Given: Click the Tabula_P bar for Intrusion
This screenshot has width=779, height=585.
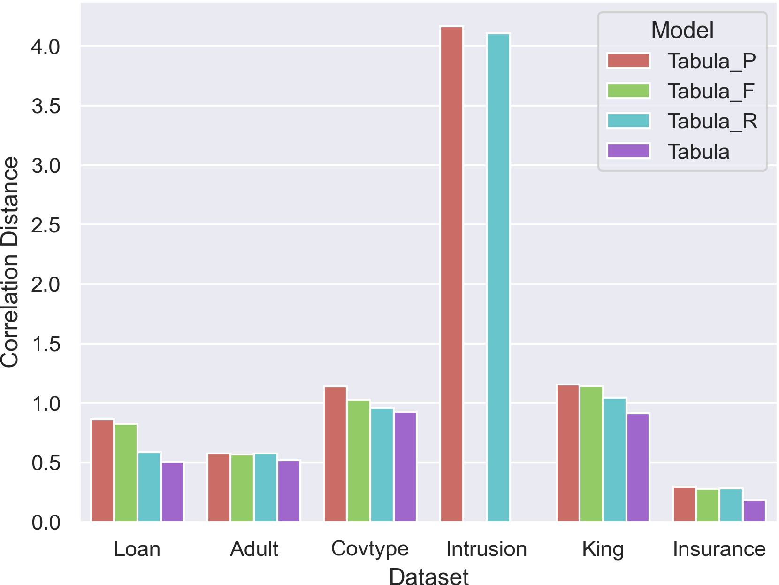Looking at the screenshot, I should click(x=451, y=274).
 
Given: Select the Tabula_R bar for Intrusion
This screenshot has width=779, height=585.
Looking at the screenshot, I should click(x=498, y=277).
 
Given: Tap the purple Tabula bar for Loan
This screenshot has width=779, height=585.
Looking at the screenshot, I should click(x=172, y=492).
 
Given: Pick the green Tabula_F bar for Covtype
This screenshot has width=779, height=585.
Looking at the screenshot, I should click(x=359, y=461).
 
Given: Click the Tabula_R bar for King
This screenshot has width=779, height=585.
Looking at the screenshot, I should click(x=615, y=460).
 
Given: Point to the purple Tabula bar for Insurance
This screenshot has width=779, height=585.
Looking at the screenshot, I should click(x=754, y=511).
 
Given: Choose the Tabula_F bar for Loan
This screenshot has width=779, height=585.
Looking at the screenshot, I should click(x=126, y=472).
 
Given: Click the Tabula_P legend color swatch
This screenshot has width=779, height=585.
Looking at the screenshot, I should click(x=628, y=61).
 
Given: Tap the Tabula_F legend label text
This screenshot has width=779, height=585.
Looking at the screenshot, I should click(x=710, y=91).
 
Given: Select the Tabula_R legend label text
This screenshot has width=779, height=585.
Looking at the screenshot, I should click(x=712, y=121).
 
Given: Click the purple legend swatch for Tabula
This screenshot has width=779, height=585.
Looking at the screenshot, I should click(x=628, y=151).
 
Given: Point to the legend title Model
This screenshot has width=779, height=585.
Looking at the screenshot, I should click(x=682, y=31).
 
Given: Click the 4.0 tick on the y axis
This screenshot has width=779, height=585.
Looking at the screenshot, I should click(x=46, y=47).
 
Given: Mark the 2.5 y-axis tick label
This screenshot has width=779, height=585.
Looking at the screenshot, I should click(x=46, y=225).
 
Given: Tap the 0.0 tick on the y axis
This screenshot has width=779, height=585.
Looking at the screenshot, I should click(x=46, y=522).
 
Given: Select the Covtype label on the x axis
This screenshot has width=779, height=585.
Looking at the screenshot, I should click(x=370, y=549).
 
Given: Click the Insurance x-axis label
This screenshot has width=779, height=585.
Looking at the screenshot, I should click(x=719, y=549).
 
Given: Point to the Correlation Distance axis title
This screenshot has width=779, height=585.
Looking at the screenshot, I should click(x=10, y=262).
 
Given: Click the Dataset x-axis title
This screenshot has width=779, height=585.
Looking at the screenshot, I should click(x=428, y=576).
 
